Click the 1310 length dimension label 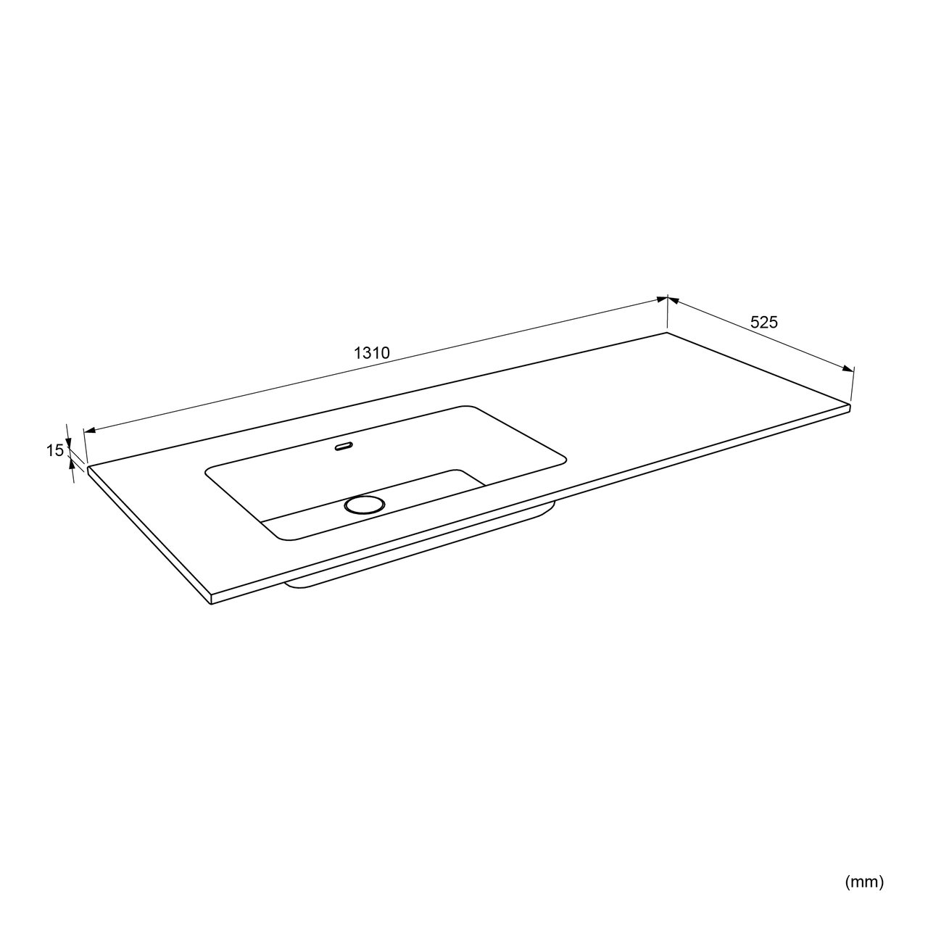371,353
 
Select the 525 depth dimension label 764,322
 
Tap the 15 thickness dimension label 55,450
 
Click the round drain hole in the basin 365,505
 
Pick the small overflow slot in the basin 344,447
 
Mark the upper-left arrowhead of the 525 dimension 674,300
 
